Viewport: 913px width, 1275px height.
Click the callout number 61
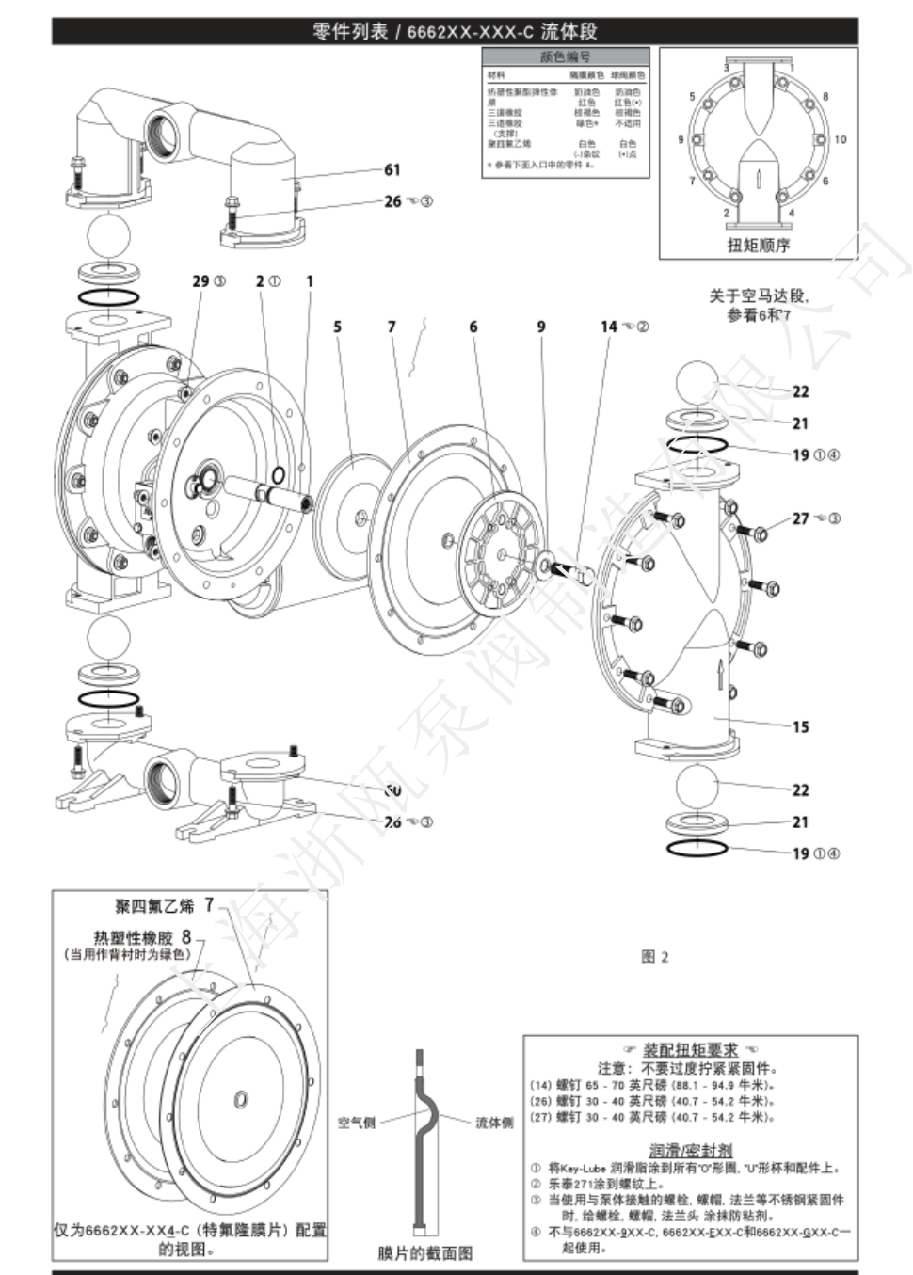[392, 169]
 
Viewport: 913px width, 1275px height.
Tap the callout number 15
[800, 726]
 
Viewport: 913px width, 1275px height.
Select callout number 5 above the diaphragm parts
[337, 327]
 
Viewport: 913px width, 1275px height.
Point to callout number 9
[541, 327]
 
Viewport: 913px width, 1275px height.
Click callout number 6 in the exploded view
[473, 327]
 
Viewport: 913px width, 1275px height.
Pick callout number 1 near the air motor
[310, 280]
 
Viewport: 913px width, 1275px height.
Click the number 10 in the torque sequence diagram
[840, 139]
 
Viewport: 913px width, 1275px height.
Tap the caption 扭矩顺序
[759, 245]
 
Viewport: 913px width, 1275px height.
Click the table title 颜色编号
[566, 56]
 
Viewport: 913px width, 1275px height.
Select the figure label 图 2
[654, 957]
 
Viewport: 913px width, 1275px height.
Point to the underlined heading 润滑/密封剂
[691, 1150]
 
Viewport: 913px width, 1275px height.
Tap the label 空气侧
[356, 1123]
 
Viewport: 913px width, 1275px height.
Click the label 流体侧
[494, 1123]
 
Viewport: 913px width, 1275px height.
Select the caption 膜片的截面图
[425, 1252]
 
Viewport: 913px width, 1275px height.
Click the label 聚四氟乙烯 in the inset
[154, 906]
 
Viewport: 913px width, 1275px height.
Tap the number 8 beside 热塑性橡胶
[186, 936]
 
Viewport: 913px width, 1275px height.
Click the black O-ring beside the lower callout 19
[697, 848]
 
